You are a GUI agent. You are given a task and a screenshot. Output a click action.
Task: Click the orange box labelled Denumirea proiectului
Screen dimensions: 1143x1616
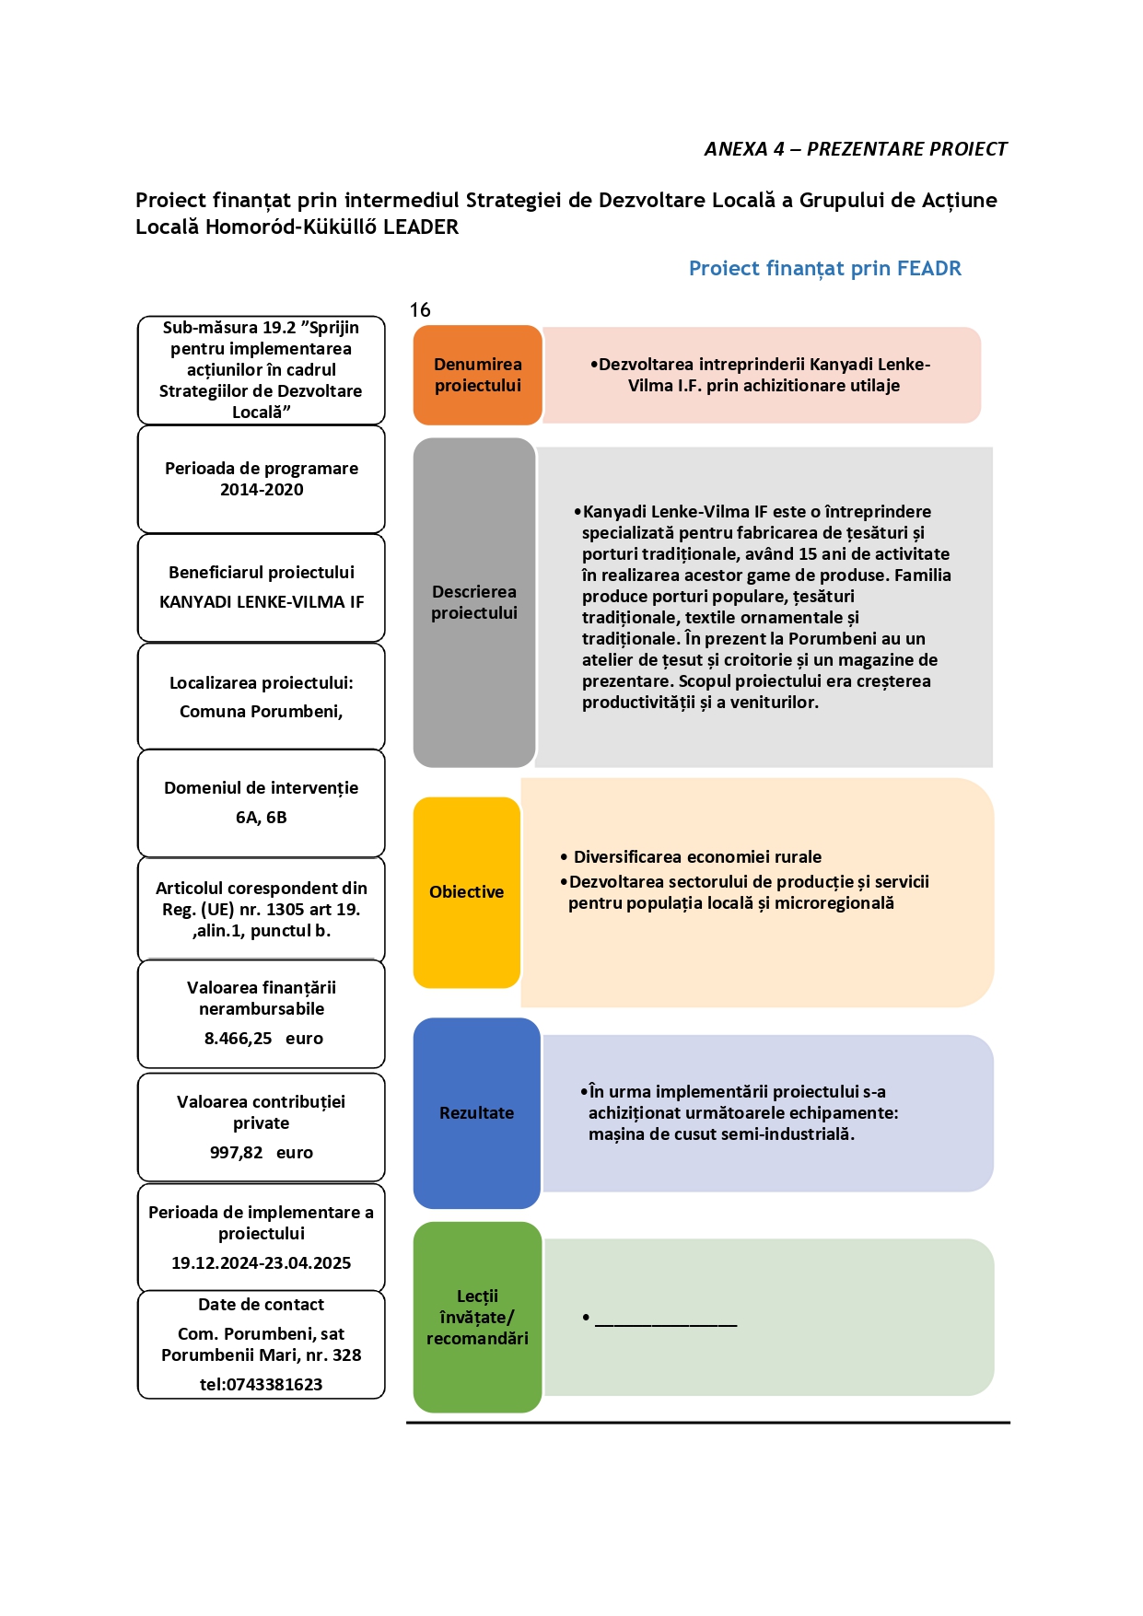pyautogui.click(x=477, y=375)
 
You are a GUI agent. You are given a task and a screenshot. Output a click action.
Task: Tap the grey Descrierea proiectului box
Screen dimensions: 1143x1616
pyautogui.click(x=474, y=602)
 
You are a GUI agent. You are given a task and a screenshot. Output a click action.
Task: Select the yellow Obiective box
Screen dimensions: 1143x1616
pyautogui.click(x=467, y=892)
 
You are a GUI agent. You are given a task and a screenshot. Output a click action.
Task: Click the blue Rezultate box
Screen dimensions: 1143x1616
pyautogui.click(x=476, y=1113)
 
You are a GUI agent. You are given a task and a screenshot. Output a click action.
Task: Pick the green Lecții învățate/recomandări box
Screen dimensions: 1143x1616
pyautogui.click(x=477, y=1317)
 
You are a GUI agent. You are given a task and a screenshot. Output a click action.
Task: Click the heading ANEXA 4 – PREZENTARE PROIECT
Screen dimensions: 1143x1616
pyautogui.click(x=856, y=149)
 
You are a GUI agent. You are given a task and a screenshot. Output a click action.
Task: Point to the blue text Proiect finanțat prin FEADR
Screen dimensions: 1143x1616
pyautogui.click(x=825, y=268)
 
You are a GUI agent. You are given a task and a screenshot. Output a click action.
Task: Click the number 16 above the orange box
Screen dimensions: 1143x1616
pyautogui.click(x=420, y=310)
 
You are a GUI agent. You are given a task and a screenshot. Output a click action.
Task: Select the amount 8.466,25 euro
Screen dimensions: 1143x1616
pyautogui.click(x=263, y=1039)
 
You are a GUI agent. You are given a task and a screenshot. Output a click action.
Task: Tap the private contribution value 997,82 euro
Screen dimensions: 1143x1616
pyautogui.click(x=262, y=1153)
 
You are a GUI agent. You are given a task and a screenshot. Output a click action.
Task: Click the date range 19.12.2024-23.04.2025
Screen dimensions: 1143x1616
pyautogui.click(x=262, y=1263)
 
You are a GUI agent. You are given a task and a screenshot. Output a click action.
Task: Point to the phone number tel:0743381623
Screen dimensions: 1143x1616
pyautogui.click(x=262, y=1385)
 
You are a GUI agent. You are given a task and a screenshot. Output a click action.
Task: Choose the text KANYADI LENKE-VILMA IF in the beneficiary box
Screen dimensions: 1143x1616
pyautogui.click(x=262, y=602)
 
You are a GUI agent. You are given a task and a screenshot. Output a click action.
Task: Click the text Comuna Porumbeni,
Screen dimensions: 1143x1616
pyautogui.click(x=262, y=712)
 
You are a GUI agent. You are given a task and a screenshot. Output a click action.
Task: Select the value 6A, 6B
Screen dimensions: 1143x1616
pyautogui.click(x=262, y=818)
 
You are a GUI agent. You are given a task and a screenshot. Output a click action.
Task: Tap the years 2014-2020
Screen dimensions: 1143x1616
pyautogui.click(x=262, y=490)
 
